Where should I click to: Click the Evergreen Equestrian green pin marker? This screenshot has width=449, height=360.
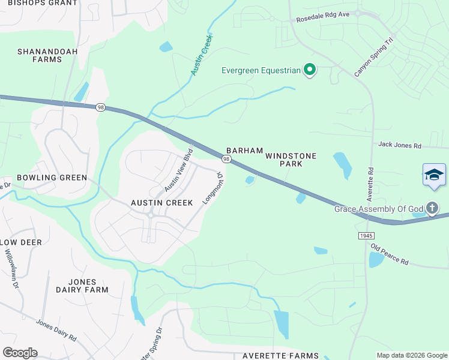click(310, 70)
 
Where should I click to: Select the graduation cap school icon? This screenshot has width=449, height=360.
click(434, 175)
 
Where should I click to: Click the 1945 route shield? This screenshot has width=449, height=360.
click(367, 236)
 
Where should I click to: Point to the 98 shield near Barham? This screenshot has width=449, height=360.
click(226, 159)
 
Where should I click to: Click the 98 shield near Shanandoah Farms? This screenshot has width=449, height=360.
click(100, 107)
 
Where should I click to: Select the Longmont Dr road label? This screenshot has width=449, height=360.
click(213, 188)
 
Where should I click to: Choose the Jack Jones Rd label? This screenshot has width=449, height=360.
click(400, 145)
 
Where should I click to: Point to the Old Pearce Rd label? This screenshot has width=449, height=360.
click(390, 254)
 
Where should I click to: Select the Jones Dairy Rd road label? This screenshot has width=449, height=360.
click(56, 330)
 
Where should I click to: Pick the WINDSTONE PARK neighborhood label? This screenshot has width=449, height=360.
click(291, 160)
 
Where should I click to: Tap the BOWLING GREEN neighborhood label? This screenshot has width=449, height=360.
click(52, 178)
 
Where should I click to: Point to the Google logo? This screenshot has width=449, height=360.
click(20, 353)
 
